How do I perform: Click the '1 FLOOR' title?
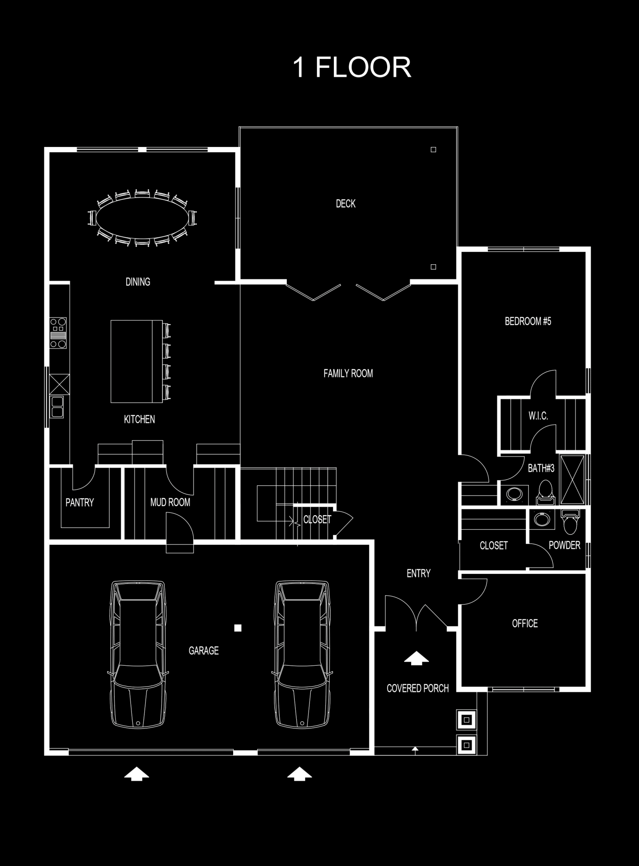point(352,68)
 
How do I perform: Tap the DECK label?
point(345,204)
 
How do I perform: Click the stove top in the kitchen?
point(58,333)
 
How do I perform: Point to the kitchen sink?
point(57,407)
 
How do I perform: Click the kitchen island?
point(136,361)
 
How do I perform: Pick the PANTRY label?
point(80,502)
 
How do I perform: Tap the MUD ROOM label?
point(170,502)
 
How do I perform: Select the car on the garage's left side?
point(138,654)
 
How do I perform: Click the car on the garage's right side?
point(302,654)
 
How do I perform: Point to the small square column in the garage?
point(238,628)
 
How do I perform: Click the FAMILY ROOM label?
point(348,373)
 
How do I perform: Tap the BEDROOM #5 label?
point(528,321)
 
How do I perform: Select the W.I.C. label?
point(538,416)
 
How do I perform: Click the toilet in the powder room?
point(570,522)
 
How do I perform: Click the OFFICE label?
point(525,624)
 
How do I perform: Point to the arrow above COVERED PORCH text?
point(416,658)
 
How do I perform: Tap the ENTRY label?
point(419,573)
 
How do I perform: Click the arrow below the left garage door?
point(136,774)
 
